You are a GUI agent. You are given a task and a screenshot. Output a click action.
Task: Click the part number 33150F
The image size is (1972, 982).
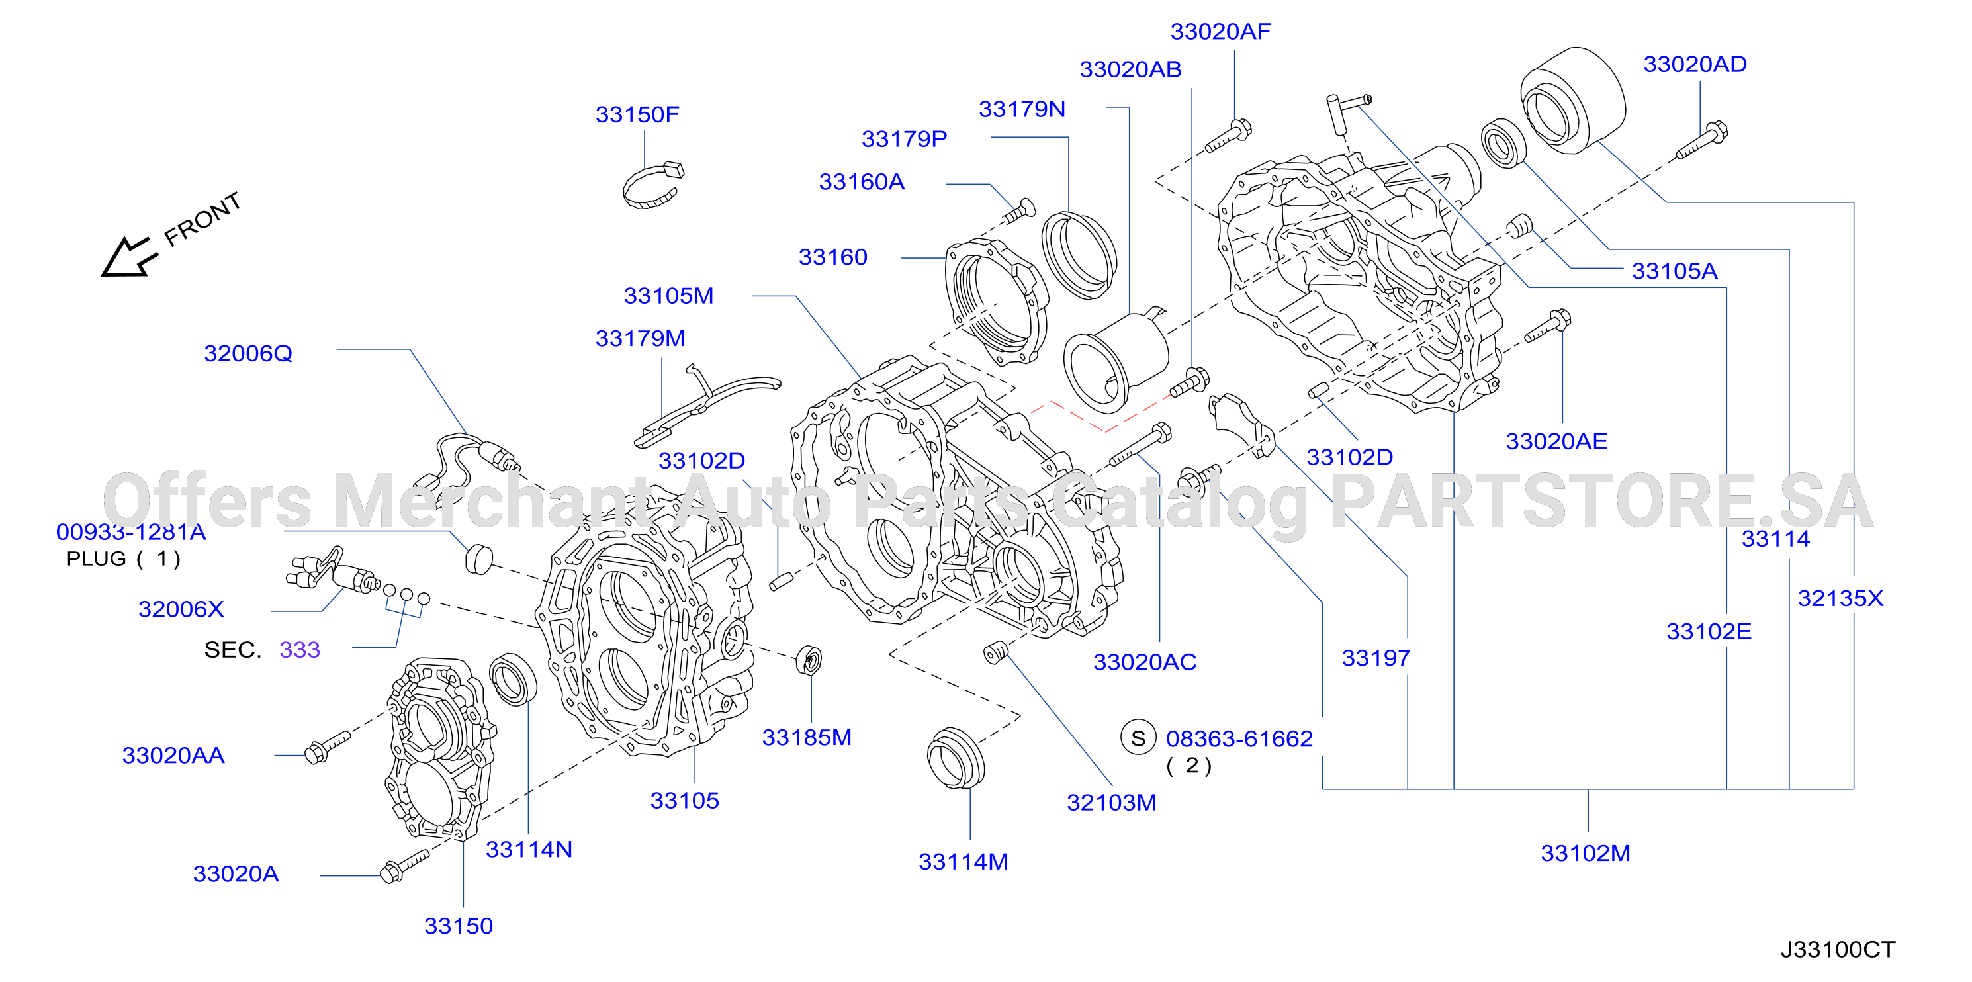pyautogui.click(x=637, y=114)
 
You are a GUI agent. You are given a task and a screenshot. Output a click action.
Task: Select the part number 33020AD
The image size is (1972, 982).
pyautogui.click(x=1695, y=64)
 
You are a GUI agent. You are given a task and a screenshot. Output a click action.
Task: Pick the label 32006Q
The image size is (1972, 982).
pyautogui.click(x=248, y=353)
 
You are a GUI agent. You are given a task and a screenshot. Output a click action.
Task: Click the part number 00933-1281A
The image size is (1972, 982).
pyautogui.click(x=131, y=532)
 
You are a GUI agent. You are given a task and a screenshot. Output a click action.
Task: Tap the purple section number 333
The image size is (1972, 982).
pyautogui.click(x=299, y=650)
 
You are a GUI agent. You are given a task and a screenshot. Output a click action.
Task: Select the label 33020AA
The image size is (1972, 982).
pyautogui.click(x=173, y=756)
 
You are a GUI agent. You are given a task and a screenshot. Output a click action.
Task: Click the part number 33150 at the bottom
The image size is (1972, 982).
pyautogui.click(x=459, y=926)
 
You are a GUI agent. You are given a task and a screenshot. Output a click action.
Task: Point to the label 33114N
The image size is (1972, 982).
pyautogui.click(x=529, y=850)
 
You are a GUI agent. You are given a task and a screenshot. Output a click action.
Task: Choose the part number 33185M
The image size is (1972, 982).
pyautogui.click(x=807, y=737)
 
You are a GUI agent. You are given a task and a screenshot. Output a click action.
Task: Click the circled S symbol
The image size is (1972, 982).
pyautogui.click(x=1138, y=738)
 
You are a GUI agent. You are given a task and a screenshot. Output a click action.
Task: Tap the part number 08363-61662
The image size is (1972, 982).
pyautogui.click(x=1239, y=738)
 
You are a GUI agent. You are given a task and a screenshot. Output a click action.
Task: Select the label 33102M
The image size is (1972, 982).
pyautogui.click(x=1586, y=853)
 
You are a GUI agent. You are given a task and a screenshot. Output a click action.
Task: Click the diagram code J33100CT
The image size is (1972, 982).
pyautogui.click(x=1837, y=950)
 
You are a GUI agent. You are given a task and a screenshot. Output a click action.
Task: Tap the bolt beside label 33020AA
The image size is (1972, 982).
pyautogui.click(x=327, y=746)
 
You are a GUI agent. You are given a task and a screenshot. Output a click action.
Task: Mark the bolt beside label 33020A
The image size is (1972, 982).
pyautogui.click(x=404, y=866)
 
